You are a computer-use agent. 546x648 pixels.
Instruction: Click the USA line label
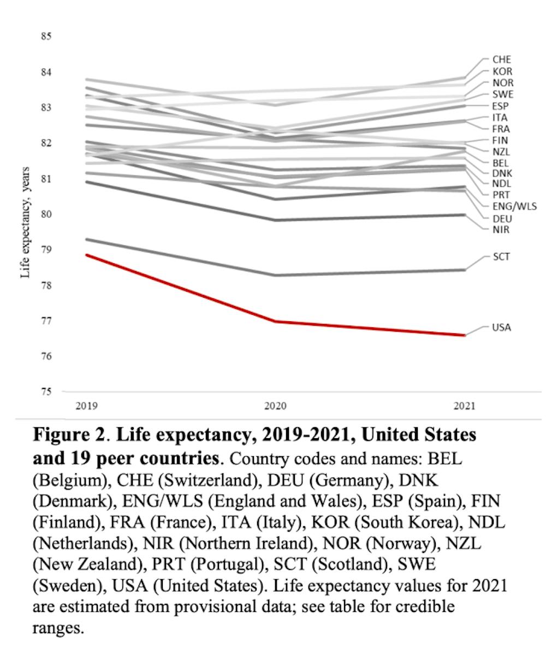(501, 327)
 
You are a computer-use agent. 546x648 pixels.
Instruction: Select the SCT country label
(501, 257)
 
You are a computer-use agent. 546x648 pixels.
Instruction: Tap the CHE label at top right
(502, 60)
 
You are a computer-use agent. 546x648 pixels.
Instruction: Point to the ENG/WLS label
(515, 206)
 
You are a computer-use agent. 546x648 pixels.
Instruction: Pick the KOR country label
(502, 72)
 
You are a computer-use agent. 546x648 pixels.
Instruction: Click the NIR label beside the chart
(501, 230)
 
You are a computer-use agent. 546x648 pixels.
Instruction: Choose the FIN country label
(500, 140)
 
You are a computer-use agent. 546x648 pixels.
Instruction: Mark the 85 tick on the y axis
(46, 37)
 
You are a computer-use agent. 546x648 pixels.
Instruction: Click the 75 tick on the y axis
(46, 392)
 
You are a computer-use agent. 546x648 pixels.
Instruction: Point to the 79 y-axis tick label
(46, 250)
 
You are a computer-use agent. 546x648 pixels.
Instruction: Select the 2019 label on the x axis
(87, 407)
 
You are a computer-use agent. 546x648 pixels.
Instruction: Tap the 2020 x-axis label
(276, 407)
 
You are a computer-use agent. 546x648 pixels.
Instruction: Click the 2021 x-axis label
(465, 407)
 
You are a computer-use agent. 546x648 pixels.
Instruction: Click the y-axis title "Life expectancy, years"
(26, 222)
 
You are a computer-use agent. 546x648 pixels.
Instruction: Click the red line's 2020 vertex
(276, 321)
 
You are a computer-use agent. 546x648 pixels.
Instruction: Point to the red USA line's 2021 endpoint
(465, 335)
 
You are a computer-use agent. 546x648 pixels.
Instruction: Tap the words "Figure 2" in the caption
(68, 435)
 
